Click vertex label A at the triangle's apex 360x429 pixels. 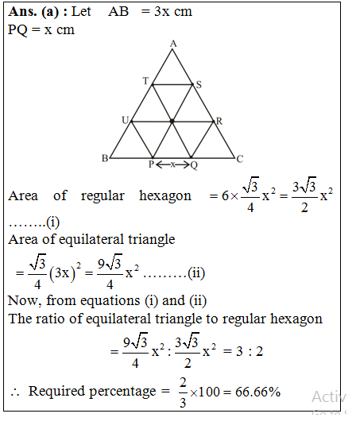[172, 43]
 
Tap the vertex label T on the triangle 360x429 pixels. [145, 81]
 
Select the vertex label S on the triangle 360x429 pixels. [199, 83]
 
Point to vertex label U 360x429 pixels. [125, 119]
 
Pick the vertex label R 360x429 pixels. [219, 121]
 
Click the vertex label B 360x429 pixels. [103, 159]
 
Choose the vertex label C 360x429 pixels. [240, 159]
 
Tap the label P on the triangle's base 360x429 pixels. [151, 165]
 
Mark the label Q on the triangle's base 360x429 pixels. [194, 165]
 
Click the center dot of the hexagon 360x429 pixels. [172, 122]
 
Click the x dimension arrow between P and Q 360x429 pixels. [172, 164]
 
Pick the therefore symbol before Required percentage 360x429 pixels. [14, 392]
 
